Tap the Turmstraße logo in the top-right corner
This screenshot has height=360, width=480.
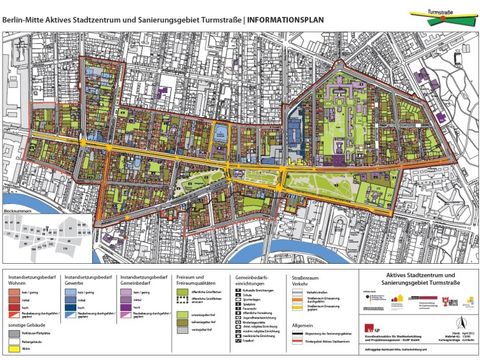point(439,14)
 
